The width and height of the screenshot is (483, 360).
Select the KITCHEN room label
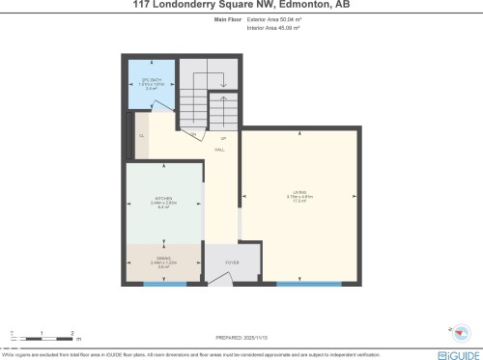163,203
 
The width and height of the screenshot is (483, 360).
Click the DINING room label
163,262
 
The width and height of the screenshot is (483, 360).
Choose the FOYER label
233,263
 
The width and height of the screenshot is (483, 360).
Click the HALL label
220,149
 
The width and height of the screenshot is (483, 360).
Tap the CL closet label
141,136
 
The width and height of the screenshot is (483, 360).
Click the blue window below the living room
308,284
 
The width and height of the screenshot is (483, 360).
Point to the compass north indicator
460,334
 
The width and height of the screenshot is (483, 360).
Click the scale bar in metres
43,336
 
